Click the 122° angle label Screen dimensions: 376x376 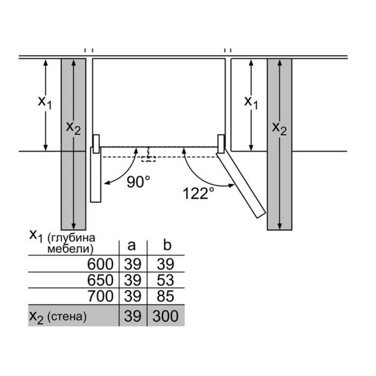click(198, 193)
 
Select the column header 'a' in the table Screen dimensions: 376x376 click(132, 246)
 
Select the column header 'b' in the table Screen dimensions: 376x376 click(167, 245)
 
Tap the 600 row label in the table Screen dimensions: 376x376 click(100, 264)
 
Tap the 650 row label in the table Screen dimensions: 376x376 click(100, 280)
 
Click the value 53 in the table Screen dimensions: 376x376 click(165, 280)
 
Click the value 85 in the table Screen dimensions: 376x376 click(165, 296)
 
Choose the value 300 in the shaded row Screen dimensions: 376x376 click(165, 316)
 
